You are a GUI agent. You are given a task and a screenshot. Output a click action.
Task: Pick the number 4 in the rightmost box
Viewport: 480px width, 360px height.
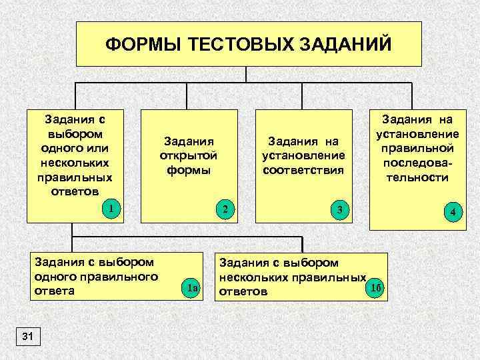pyautogui.click(x=453, y=213)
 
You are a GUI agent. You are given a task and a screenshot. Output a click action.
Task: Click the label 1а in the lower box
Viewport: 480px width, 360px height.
pyautogui.click(x=192, y=289)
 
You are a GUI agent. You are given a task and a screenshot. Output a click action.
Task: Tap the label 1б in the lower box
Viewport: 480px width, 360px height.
pyautogui.click(x=375, y=287)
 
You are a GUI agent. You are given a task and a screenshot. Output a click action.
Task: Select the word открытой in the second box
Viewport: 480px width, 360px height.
pyautogui.click(x=188, y=155)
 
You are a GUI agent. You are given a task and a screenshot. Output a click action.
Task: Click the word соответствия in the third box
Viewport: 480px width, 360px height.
pyautogui.click(x=303, y=169)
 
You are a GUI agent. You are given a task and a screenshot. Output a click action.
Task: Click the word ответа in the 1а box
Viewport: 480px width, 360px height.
pyautogui.click(x=54, y=291)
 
